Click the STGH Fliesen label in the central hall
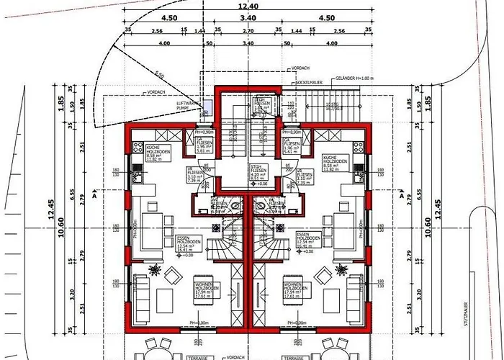259,171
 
